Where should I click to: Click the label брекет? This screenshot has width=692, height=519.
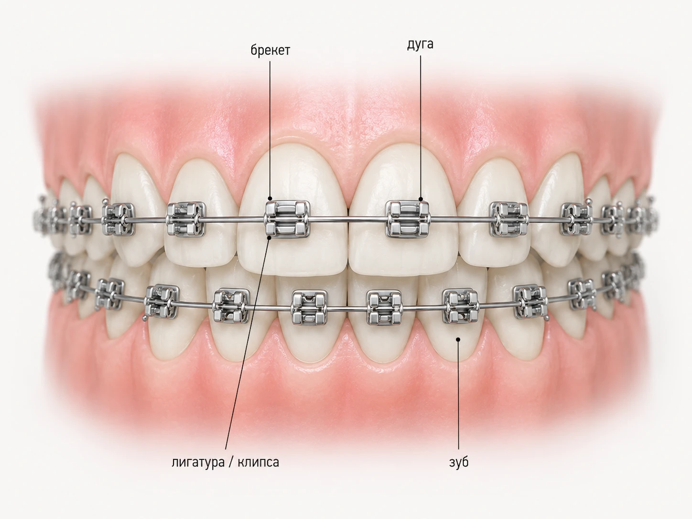point(270,51)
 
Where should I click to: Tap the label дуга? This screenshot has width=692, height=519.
point(420,44)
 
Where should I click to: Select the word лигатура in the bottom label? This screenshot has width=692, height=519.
point(198,462)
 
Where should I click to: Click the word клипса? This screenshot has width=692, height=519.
point(258,462)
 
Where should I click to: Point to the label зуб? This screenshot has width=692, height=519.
point(459,462)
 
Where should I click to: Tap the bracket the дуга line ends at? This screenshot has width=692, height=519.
point(408,219)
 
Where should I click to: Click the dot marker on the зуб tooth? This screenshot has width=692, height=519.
point(458,339)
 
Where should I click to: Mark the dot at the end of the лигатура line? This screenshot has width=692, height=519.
point(269,238)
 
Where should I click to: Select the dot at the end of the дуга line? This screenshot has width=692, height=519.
point(421,199)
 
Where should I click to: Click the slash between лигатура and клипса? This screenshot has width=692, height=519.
point(231,463)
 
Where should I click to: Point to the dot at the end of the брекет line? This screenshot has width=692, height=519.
point(270,198)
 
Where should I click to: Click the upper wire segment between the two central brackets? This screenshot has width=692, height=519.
point(348,219)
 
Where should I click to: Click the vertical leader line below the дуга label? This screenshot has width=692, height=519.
point(421,127)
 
